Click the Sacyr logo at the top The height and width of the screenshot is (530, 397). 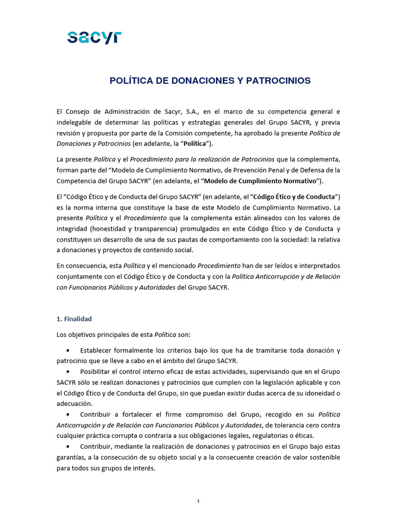click(x=94, y=37)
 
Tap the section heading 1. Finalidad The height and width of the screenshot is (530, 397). click(x=74, y=319)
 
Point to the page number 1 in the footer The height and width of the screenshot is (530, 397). click(x=198, y=501)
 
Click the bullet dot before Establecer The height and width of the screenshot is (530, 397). click(x=68, y=351)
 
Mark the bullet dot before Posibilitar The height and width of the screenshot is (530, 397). click(x=68, y=372)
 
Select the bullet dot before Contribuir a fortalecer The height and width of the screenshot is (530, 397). click(x=68, y=415)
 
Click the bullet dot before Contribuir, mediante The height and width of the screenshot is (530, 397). click(x=68, y=447)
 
